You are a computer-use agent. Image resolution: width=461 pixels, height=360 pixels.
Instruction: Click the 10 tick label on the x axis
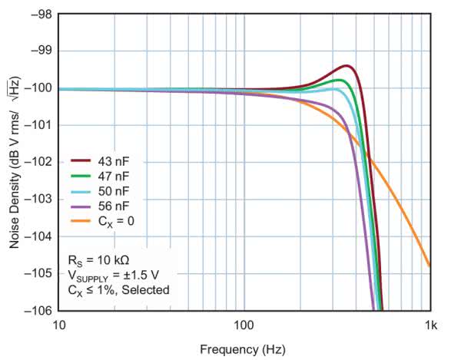[58, 325]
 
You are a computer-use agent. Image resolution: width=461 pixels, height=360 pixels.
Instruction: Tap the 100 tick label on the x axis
[244, 325]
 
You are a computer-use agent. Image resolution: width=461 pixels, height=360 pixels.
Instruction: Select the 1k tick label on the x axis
[429, 325]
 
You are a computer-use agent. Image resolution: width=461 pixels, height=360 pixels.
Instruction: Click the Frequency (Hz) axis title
[243, 350]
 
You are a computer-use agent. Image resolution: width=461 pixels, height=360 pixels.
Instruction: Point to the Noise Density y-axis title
[15, 163]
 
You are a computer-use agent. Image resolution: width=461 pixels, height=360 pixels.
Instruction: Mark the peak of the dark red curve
[347, 66]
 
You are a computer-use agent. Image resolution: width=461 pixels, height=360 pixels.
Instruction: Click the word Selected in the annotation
[145, 289]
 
